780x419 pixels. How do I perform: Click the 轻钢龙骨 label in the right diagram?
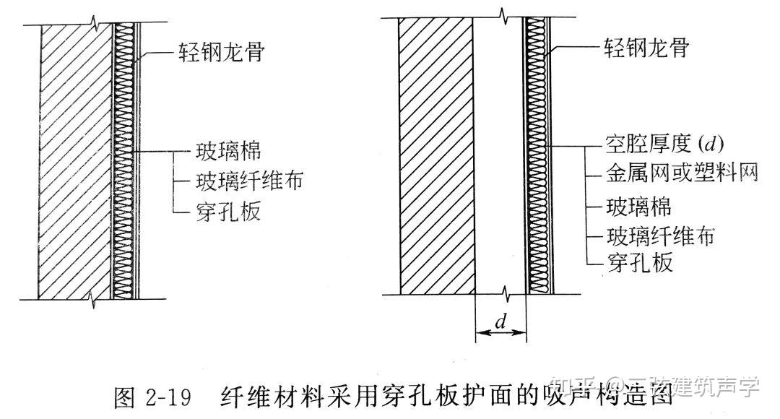pos(646,49)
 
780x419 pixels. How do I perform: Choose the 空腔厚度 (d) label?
pos(664,144)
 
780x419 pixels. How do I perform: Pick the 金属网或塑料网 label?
pos(680,174)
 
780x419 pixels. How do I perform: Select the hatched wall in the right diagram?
pos(435,155)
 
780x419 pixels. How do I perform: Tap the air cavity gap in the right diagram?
pos(498,155)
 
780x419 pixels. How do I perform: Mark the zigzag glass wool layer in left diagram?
pos(125,159)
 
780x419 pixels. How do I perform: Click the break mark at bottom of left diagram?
pos(92,298)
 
